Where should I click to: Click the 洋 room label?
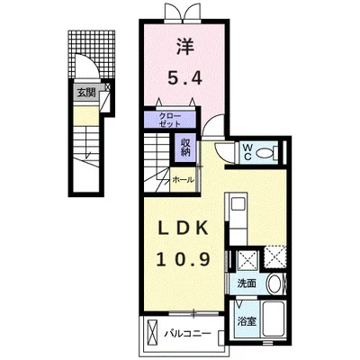click(185, 47)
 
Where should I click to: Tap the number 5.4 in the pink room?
click(184, 78)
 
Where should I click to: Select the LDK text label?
click(183, 229)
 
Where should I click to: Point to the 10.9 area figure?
click(183, 259)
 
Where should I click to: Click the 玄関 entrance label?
click(86, 93)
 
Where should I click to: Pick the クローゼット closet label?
click(170, 120)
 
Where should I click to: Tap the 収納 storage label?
click(185, 148)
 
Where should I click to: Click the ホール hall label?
click(183, 180)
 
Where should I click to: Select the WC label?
click(247, 151)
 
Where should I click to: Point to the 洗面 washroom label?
click(247, 283)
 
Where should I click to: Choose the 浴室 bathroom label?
click(247, 321)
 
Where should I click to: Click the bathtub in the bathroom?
click(273, 319)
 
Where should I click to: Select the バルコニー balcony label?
click(188, 333)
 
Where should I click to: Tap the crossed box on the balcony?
click(152, 332)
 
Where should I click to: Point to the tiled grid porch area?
click(92, 53)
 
